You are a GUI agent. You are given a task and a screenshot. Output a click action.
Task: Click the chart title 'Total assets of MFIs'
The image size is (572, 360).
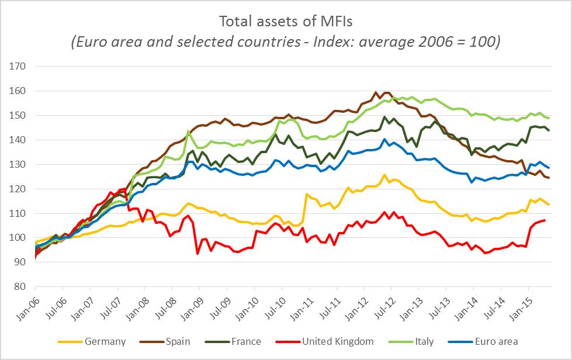pyautogui.click(x=286, y=22)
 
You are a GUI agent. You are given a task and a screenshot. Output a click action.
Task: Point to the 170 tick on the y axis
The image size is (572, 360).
pyautogui.click(x=19, y=66)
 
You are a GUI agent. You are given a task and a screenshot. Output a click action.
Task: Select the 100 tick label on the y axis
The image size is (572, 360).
pyautogui.click(x=19, y=238)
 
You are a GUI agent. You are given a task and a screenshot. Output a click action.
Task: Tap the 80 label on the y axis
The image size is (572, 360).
pyautogui.click(x=22, y=287)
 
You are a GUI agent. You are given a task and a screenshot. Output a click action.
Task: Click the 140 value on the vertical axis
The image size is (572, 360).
pyautogui.click(x=19, y=140)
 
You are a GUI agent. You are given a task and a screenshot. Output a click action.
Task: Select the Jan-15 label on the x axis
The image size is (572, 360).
pyautogui.click(x=522, y=304)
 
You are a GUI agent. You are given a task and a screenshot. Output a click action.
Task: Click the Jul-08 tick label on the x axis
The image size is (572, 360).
pyautogui.click(x=166, y=304)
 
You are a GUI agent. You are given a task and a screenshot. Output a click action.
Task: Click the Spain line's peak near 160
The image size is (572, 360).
pyautogui.click(x=376, y=92)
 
